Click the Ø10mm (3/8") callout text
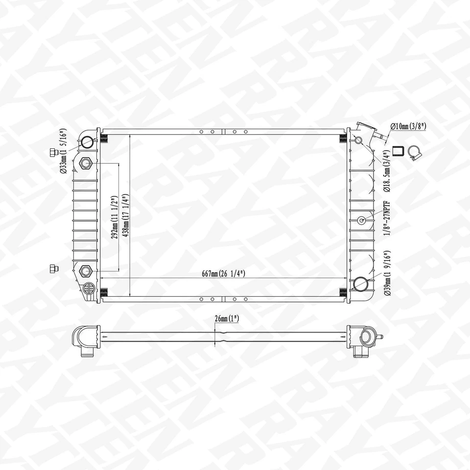point(408,126)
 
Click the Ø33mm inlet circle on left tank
point(87,142)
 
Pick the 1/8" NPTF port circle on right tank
point(362,220)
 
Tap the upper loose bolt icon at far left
point(52,152)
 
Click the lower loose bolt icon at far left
point(52,268)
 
